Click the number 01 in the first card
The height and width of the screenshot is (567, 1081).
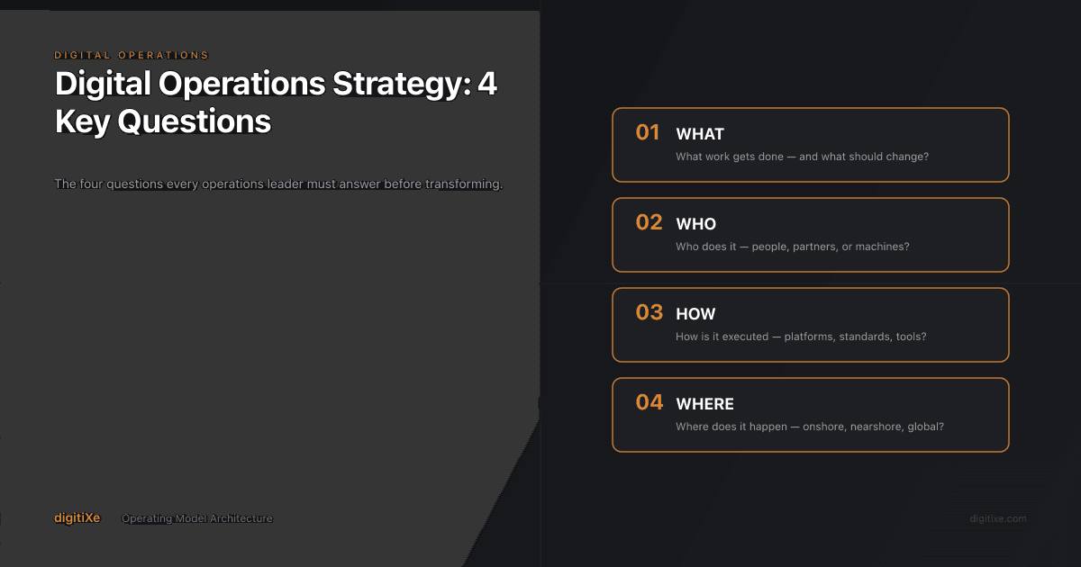[x=648, y=133]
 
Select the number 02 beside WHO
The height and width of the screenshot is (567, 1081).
[x=649, y=223]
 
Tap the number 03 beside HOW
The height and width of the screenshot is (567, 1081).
[x=649, y=313]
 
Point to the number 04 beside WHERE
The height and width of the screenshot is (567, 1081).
[x=649, y=403]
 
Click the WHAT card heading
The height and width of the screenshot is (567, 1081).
[x=700, y=134]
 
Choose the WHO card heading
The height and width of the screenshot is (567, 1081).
[x=695, y=224]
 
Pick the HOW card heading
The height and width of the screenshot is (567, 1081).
[x=695, y=314]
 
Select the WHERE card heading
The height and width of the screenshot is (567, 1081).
[x=704, y=404]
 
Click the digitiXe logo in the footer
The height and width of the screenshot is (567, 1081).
[x=77, y=517]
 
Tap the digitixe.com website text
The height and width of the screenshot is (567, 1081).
[x=997, y=518]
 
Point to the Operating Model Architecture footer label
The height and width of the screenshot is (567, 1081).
[x=197, y=518]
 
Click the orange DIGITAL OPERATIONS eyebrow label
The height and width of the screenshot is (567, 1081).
[x=132, y=56]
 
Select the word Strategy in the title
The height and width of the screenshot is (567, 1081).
[x=390, y=84]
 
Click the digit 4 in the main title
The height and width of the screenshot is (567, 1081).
[x=487, y=84]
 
